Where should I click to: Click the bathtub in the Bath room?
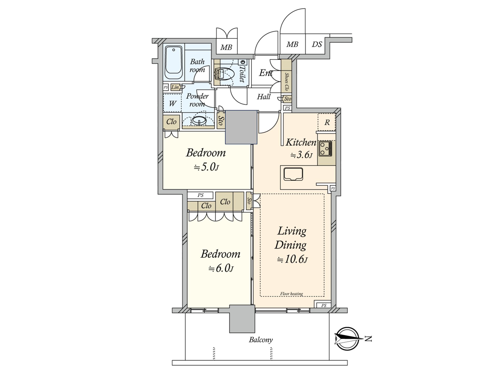(174, 63)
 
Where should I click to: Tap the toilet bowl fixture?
(225, 74)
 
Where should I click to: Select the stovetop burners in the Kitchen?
(325, 149)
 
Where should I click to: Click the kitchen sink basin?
(293, 174)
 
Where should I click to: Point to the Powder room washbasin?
(199, 121)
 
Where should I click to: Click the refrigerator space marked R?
(327, 122)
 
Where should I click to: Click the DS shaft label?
(317, 44)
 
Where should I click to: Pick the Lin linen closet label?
(175, 87)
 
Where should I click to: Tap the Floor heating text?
(292, 294)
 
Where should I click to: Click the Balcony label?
(261, 340)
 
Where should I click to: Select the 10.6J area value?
(292, 259)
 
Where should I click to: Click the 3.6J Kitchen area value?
(301, 155)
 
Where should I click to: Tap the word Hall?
(264, 97)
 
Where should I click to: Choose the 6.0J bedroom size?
(221, 268)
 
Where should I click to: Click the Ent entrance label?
(266, 73)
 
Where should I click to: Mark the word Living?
(292, 231)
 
